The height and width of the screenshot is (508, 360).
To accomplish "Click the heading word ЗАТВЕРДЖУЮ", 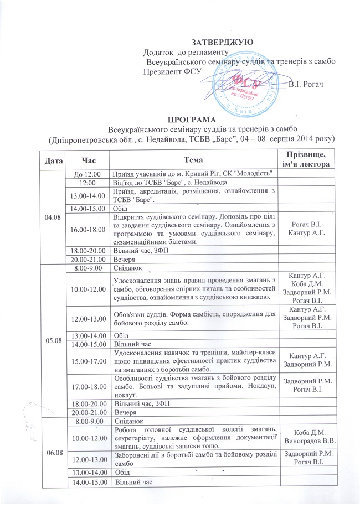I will (222, 42).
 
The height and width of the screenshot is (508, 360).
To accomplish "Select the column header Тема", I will (193, 160).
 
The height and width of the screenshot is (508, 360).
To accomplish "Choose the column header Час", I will (89, 160).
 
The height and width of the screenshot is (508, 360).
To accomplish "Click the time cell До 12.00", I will (89, 174).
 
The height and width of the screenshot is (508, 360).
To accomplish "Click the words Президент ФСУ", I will (172, 71).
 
